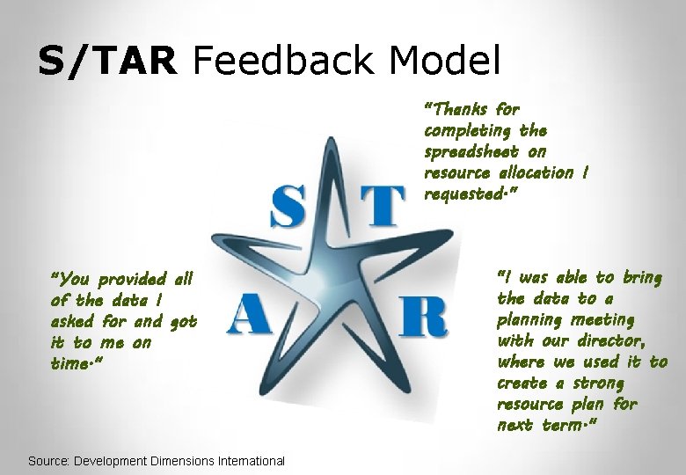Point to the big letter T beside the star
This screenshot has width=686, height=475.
[381, 206]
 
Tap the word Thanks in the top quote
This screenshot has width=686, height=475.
[460, 109]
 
